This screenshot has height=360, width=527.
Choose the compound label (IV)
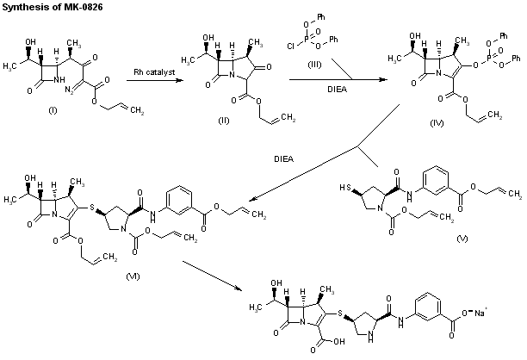[x=437, y=124]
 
